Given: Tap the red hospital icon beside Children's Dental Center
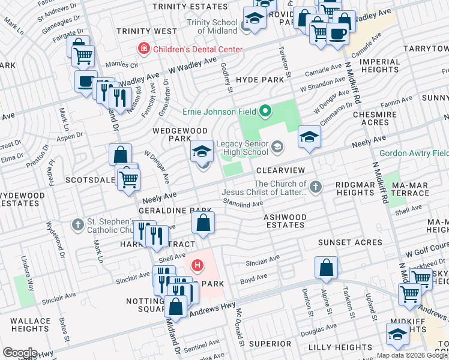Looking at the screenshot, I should tap(143, 49).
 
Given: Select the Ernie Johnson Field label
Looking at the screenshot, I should tap(220, 110).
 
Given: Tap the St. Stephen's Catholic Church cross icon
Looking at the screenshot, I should tap(76, 225).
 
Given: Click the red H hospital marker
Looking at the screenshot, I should tap(196, 265).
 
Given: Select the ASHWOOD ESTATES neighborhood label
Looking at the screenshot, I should tap(285, 221).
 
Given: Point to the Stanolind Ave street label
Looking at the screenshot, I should tap(243, 204).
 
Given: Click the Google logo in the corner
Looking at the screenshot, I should tap(20, 353).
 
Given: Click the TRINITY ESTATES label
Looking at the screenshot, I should tap(190, 6).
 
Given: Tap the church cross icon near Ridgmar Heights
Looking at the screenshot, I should tap(314, 187).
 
